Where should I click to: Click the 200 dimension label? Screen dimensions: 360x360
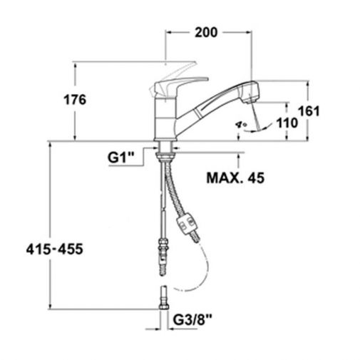[206, 32]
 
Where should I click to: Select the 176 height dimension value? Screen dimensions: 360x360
[75, 100]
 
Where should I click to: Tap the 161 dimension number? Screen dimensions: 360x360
[309, 111]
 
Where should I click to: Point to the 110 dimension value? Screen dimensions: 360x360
[287, 123]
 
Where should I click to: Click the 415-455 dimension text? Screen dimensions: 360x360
[55, 250]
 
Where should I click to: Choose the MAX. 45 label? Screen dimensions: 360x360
[235, 178]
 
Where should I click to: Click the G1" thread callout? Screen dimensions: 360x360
[121, 158]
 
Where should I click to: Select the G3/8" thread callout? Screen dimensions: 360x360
[192, 320]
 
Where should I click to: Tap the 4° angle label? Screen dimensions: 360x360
[241, 124]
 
